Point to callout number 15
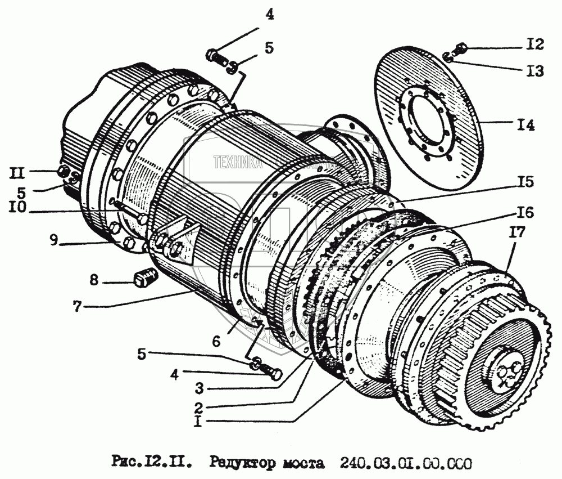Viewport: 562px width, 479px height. [527, 183]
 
